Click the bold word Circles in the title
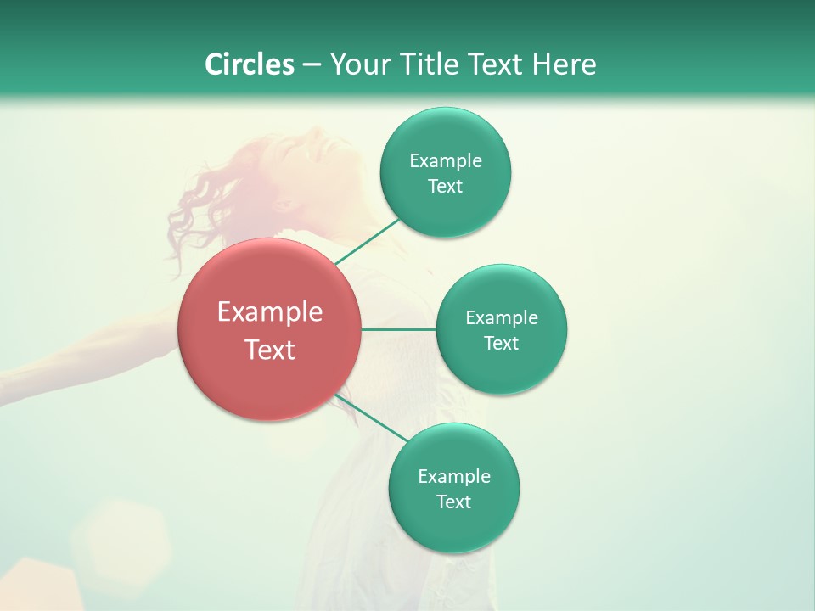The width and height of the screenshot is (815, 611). tap(250, 64)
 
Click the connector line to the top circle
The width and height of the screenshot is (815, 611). tap(368, 241)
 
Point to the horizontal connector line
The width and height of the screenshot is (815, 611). tap(398, 328)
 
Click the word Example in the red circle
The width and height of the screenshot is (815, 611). tap(270, 312)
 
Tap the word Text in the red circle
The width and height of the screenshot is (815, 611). tap(270, 350)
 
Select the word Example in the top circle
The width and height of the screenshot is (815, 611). tap(446, 161)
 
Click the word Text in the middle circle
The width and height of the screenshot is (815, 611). tap(501, 344)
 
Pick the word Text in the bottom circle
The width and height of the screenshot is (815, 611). tap(453, 502)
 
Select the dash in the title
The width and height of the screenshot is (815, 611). tap(312, 65)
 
